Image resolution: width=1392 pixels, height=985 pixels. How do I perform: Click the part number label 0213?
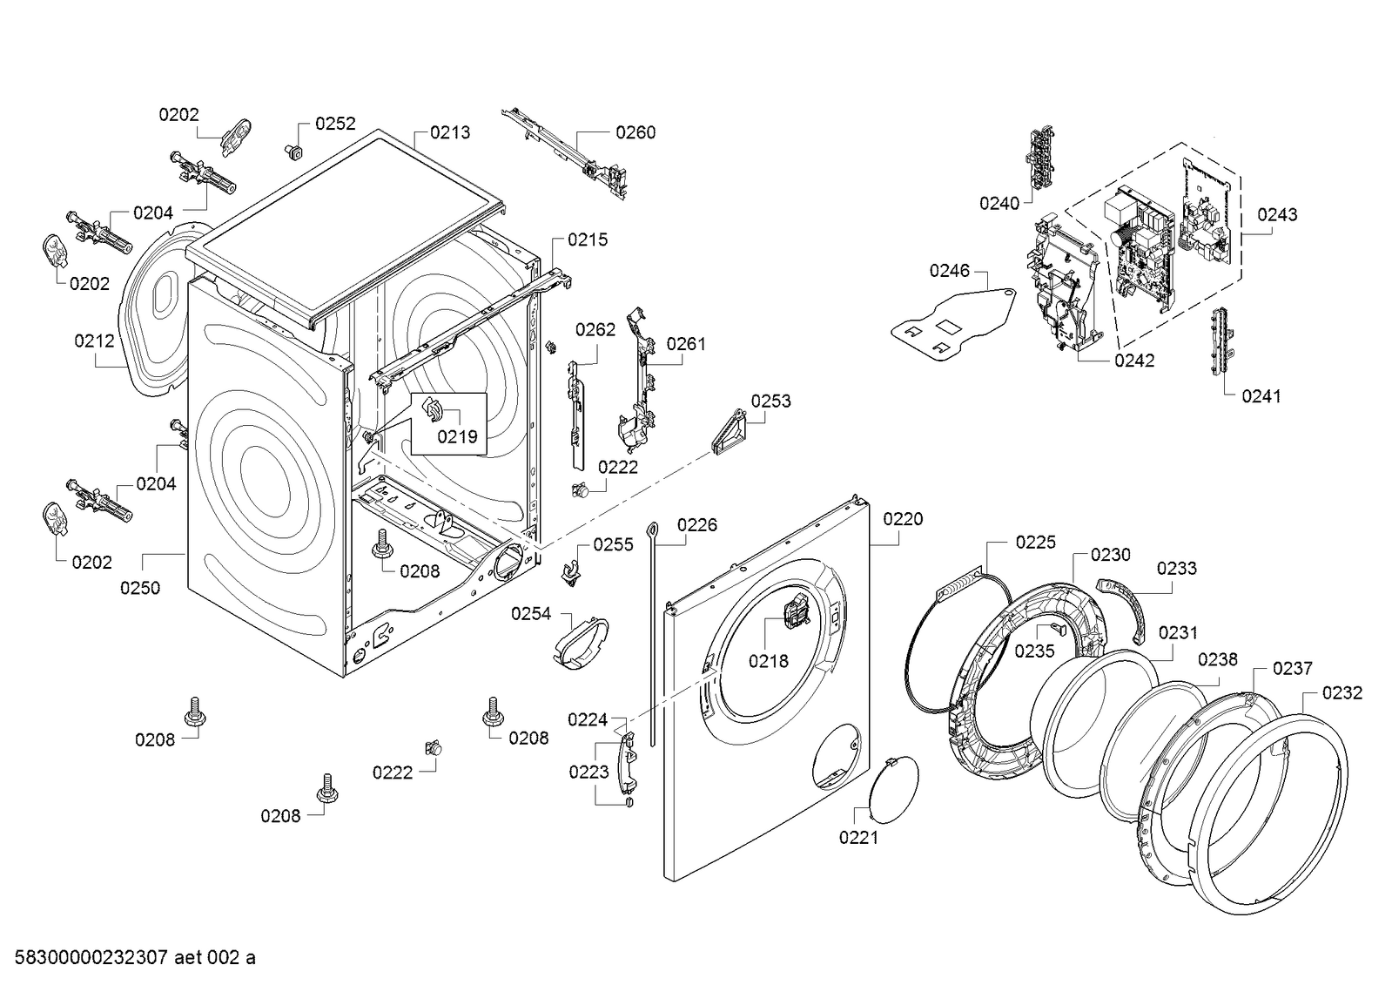[450, 132]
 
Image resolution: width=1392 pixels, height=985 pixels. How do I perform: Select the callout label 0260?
[635, 132]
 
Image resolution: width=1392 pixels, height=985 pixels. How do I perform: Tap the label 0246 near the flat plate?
[949, 271]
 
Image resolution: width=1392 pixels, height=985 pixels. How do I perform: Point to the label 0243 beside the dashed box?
[1277, 214]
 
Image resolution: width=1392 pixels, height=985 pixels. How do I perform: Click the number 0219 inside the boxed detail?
[457, 436]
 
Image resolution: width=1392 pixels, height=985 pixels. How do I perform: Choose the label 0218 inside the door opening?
[769, 661]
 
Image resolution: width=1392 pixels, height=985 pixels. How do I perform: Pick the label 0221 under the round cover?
[858, 838]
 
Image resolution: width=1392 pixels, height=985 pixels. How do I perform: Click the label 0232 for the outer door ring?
[1342, 693]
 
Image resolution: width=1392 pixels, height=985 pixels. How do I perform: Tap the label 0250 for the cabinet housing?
[140, 588]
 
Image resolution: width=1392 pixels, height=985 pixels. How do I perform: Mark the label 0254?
[531, 614]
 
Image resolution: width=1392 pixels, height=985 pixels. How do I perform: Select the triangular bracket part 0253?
[729, 433]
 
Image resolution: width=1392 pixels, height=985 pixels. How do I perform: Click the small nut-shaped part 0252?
[294, 152]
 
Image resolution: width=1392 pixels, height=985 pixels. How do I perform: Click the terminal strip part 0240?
[1040, 161]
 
